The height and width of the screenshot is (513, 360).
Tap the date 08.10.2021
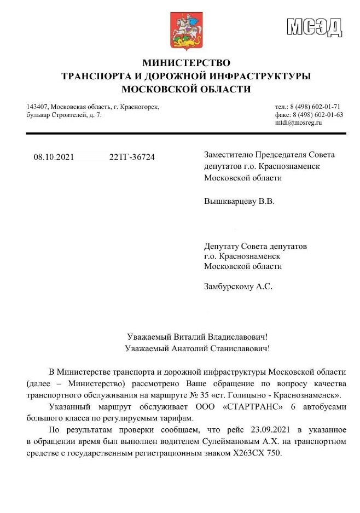tap(54, 157)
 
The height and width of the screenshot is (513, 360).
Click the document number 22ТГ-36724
tap(132, 157)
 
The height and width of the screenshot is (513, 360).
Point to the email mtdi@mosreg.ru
tap(298, 123)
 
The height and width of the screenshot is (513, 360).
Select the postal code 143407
tap(36, 107)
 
